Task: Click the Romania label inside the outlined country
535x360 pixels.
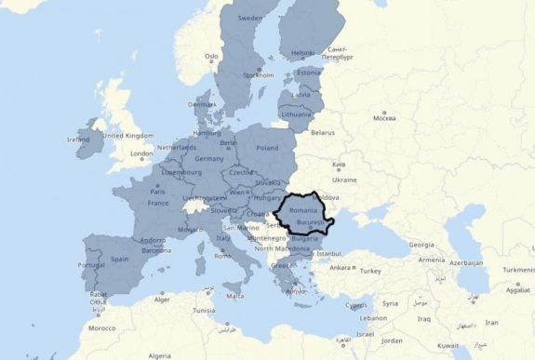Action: pyautogui.click(x=304, y=211)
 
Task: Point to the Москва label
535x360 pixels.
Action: pyautogui.click(x=384, y=118)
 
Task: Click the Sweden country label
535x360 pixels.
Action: pyautogui.click(x=250, y=18)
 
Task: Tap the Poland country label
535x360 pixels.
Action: pyautogui.click(x=267, y=148)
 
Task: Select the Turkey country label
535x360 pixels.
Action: pyautogui.click(x=371, y=271)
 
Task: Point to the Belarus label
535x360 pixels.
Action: pyautogui.click(x=322, y=132)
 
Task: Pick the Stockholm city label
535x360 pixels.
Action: pyautogui.click(x=258, y=75)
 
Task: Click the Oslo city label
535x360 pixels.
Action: pyautogui.click(x=212, y=56)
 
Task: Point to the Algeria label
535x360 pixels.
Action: pyautogui.click(x=160, y=355)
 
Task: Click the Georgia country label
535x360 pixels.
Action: pyautogui.click(x=421, y=245)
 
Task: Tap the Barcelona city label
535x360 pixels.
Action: pyautogui.click(x=156, y=250)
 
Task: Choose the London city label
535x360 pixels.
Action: pyautogui.click(x=141, y=153)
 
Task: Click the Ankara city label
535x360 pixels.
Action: pyautogui.click(x=340, y=268)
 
